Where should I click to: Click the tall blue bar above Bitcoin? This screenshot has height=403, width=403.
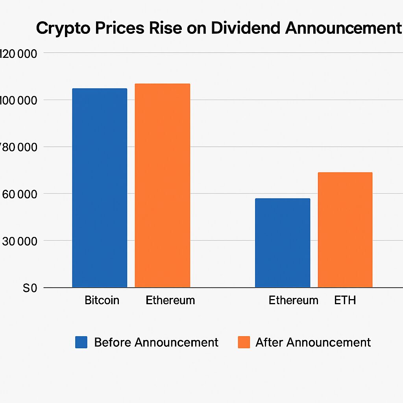click(x=100, y=188)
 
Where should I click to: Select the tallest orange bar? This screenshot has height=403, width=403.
click(x=162, y=185)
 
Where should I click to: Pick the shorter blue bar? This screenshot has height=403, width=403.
click(x=282, y=243)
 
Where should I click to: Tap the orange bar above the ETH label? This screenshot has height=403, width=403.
click(x=345, y=230)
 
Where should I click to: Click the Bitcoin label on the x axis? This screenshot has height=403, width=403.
click(x=102, y=301)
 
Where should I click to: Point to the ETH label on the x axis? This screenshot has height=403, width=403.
click(x=345, y=301)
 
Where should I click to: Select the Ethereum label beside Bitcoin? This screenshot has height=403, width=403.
click(x=170, y=301)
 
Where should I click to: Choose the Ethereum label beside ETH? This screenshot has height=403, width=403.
click(x=293, y=301)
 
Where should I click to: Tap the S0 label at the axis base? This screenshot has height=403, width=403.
click(x=30, y=288)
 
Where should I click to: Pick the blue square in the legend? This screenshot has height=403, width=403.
click(x=81, y=342)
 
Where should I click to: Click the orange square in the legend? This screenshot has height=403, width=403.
click(x=244, y=342)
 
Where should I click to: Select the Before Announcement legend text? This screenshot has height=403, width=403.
click(x=156, y=342)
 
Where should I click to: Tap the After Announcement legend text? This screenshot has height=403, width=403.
click(x=313, y=342)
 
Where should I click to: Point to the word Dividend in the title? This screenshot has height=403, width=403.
click(x=238, y=29)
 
